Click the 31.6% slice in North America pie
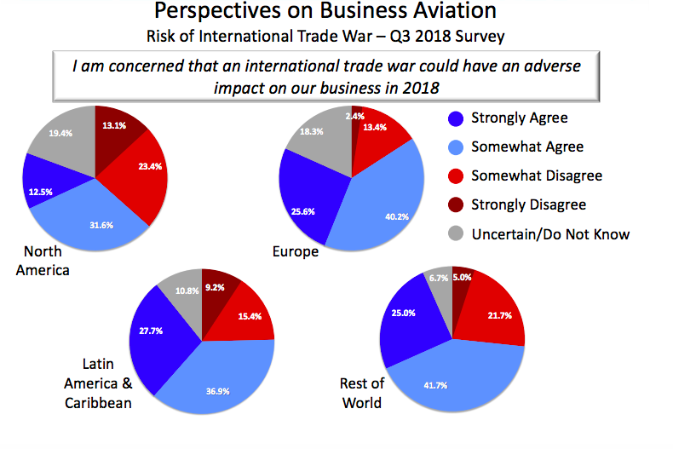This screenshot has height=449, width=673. click(100, 226)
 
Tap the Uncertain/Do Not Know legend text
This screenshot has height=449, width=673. click(550, 233)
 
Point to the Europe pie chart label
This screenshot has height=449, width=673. click(295, 252)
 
